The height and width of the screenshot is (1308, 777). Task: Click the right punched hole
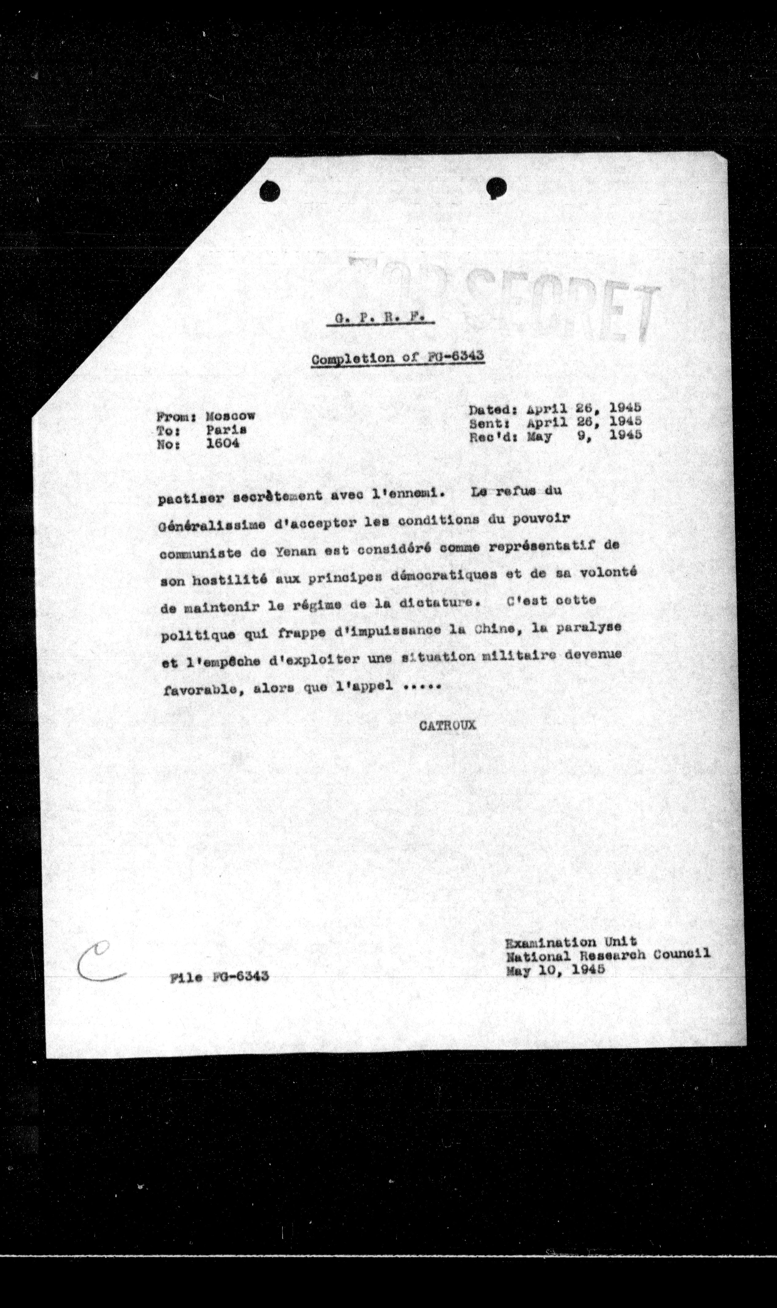(495, 187)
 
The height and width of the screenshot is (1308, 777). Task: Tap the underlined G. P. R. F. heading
(380, 318)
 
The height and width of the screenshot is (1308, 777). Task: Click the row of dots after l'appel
(423, 687)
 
